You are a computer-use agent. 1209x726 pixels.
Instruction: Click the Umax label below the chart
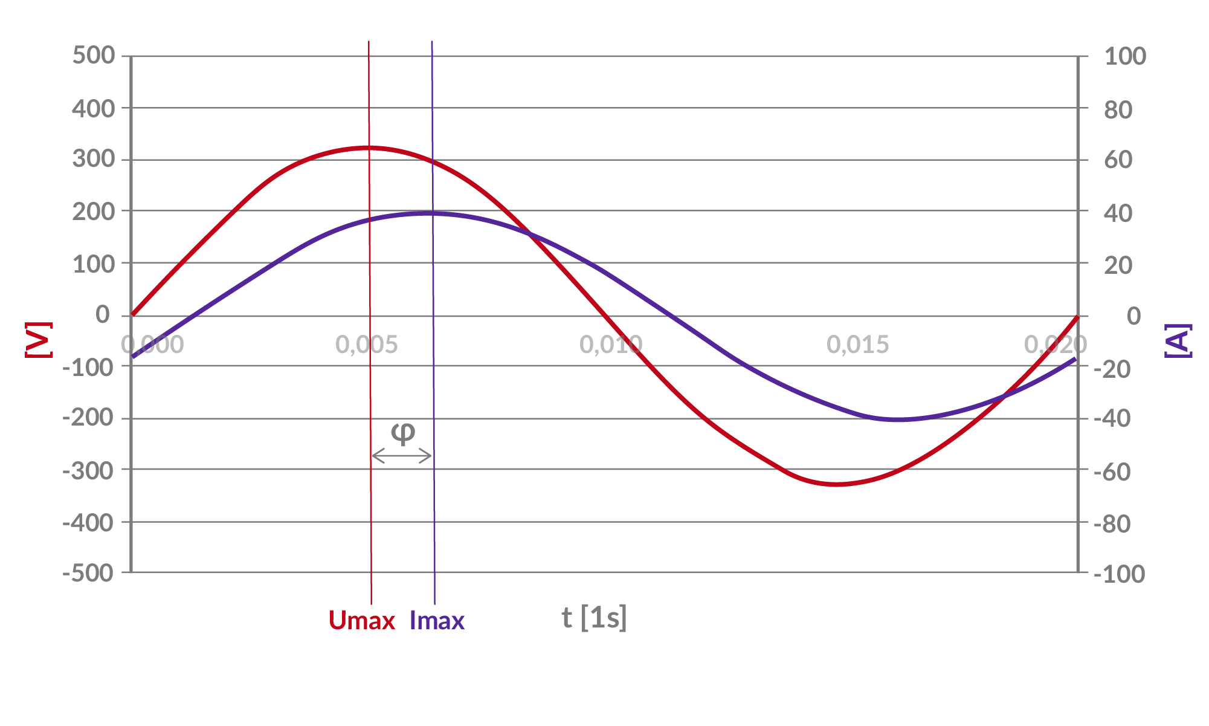point(362,621)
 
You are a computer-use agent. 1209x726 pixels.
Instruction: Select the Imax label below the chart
point(437,621)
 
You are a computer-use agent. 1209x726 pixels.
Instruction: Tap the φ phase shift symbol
point(403,432)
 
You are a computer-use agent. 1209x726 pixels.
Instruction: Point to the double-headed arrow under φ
point(402,456)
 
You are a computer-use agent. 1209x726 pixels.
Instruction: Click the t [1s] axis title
point(594,618)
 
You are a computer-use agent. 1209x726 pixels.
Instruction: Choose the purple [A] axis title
point(1178,341)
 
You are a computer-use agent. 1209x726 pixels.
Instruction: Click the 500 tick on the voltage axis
point(93,56)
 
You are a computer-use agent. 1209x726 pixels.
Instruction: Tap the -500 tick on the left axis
point(88,573)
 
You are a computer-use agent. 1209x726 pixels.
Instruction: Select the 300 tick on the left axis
point(93,160)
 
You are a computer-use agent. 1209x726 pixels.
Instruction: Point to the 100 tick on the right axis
point(1125,57)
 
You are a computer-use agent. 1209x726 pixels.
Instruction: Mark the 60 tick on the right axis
point(1118,160)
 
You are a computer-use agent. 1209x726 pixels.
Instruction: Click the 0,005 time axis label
point(367,345)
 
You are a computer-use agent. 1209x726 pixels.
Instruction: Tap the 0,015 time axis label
point(858,345)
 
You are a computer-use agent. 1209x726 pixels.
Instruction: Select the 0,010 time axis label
point(611,345)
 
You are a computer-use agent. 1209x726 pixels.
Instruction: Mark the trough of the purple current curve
point(899,420)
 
